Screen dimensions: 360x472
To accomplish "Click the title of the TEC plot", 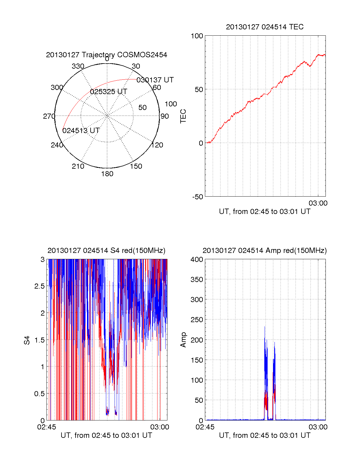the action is [265, 27].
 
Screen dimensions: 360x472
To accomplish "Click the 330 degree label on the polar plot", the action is [78, 66].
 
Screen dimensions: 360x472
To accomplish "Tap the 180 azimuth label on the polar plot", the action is [107, 174].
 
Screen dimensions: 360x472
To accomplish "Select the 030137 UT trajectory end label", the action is [155, 80].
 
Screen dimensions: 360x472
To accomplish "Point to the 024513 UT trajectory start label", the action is [81, 130].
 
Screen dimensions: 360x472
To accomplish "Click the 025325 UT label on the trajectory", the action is [109, 91].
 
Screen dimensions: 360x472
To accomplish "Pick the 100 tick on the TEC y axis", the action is [197, 36].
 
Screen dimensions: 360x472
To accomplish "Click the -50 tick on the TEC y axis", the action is [198, 197].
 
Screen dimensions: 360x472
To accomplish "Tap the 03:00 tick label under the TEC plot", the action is [318, 203].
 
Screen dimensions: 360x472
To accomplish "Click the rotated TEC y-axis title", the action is [183, 116].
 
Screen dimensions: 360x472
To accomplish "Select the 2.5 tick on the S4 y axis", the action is [40, 286].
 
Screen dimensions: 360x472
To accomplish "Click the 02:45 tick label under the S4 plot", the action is [46, 427].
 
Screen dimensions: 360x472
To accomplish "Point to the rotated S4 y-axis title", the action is [27, 340].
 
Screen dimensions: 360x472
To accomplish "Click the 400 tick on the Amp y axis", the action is [197, 259].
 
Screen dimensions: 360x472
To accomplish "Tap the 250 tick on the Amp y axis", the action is [197, 320].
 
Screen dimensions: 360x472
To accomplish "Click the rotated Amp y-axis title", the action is [183, 340].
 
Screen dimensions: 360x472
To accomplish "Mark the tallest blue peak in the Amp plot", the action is [265, 327].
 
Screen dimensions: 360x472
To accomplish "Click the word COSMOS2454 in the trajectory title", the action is [142, 55].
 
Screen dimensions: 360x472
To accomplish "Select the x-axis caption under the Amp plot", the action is [265, 435].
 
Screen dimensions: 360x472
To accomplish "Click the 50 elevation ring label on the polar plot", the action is [142, 107].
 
